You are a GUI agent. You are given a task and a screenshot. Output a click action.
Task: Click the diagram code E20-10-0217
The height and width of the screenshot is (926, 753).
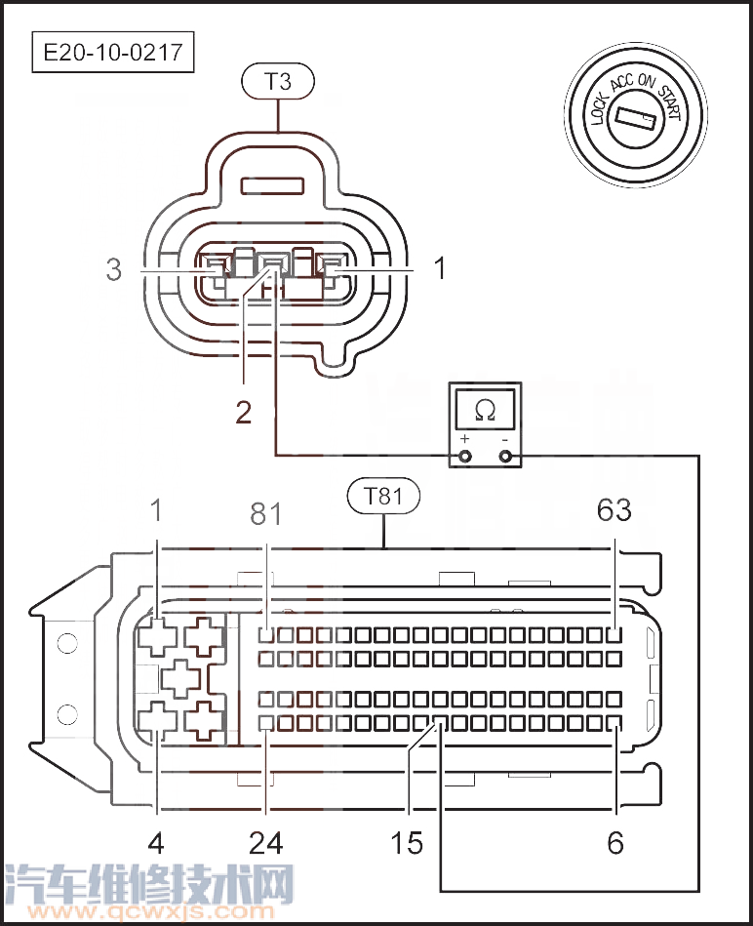click(113, 52)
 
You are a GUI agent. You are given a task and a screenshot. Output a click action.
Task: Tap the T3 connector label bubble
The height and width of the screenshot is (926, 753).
click(278, 81)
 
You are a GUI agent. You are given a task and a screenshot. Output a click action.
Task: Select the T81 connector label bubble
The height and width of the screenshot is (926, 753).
click(383, 496)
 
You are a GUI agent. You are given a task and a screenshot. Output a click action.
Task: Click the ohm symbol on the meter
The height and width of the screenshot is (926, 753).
click(485, 410)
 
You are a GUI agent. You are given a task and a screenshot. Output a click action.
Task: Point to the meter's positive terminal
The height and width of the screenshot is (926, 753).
click(465, 457)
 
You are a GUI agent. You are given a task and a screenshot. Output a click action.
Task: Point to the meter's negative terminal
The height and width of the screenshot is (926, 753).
click(505, 457)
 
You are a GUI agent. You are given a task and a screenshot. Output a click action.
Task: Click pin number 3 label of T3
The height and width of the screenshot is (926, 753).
click(114, 269)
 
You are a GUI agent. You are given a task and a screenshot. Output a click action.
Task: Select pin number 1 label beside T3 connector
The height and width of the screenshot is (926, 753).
click(440, 268)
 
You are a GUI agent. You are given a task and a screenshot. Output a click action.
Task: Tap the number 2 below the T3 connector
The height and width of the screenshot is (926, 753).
click(243, 412)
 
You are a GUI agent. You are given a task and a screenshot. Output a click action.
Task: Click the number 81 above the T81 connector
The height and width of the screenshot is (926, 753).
click(266, 514)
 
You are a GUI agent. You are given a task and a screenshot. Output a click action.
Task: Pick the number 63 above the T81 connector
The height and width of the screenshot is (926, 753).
click(614, 510)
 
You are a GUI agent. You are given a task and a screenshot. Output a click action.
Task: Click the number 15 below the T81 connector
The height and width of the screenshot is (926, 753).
click(407, 843)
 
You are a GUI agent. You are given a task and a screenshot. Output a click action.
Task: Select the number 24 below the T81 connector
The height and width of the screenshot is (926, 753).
click(266, 843)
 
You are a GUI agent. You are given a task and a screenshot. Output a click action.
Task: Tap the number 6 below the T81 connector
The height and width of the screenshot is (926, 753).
click(615, 843)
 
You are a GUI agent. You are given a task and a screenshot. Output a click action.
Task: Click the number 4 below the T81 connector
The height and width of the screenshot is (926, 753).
click(156, 843)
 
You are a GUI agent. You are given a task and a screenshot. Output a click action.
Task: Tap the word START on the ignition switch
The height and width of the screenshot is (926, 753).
click(670, 102)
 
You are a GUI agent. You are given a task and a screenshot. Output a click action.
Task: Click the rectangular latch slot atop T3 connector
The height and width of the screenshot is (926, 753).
click(273, 186)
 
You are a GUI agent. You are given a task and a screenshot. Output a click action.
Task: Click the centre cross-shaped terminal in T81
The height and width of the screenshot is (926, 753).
click(181, 678)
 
